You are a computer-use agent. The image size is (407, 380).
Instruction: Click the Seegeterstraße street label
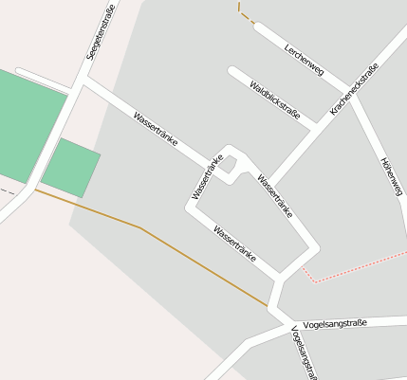point(95,35)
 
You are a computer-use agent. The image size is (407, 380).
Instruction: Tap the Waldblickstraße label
point(275,101)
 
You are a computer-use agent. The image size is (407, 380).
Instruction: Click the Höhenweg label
point(391,176)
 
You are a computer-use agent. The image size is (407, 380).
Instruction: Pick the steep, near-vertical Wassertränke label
point(207,177)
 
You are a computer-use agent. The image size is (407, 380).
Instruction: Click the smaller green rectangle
point(71,168)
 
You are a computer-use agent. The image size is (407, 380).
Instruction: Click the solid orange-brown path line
point(142,230)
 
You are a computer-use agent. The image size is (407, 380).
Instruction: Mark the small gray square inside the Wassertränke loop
point(229,165)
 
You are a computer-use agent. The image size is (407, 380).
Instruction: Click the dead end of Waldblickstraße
point(231,70)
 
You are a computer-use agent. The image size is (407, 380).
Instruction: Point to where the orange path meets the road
point(270,306)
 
